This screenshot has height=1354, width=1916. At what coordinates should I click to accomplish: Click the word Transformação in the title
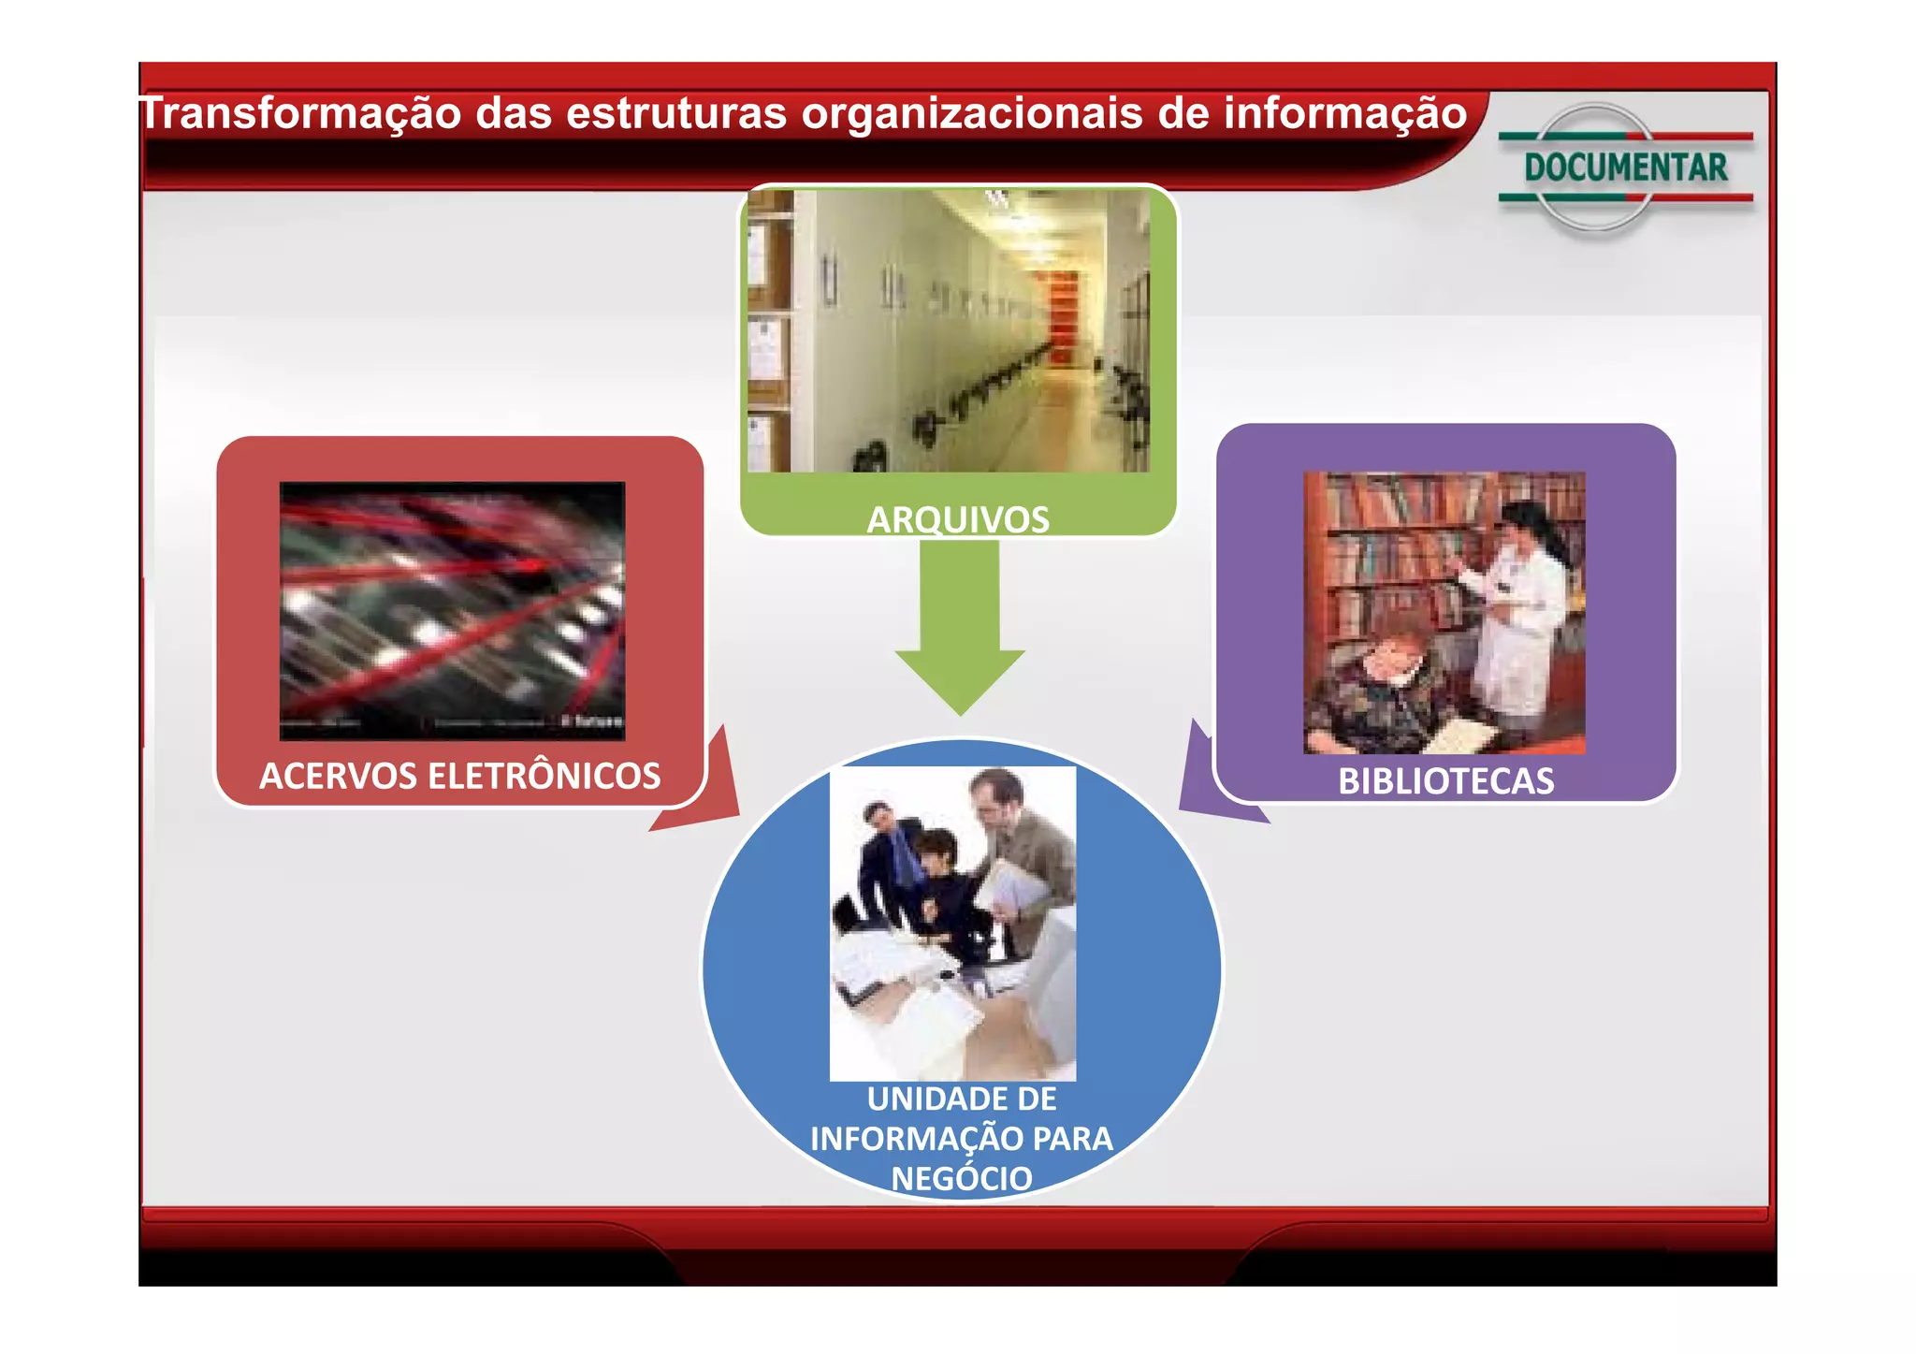point(299,114)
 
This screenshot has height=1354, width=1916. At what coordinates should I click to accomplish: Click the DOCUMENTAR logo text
point(1625,168)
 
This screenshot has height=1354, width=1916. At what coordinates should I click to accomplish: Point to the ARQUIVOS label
point(958,519)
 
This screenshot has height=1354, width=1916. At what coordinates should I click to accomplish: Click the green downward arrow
point(960,627)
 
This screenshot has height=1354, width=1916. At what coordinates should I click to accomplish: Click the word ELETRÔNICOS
point(543,776)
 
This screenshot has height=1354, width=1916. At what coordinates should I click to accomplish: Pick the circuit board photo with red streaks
point(452,610)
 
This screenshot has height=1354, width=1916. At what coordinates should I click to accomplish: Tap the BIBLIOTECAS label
point(1445,781)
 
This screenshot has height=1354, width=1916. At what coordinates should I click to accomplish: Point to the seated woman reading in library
point(1380,692)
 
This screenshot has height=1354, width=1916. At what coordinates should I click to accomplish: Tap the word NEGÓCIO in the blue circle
point(962,1178)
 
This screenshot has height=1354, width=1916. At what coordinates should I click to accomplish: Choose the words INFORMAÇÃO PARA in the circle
point(962,1139)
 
